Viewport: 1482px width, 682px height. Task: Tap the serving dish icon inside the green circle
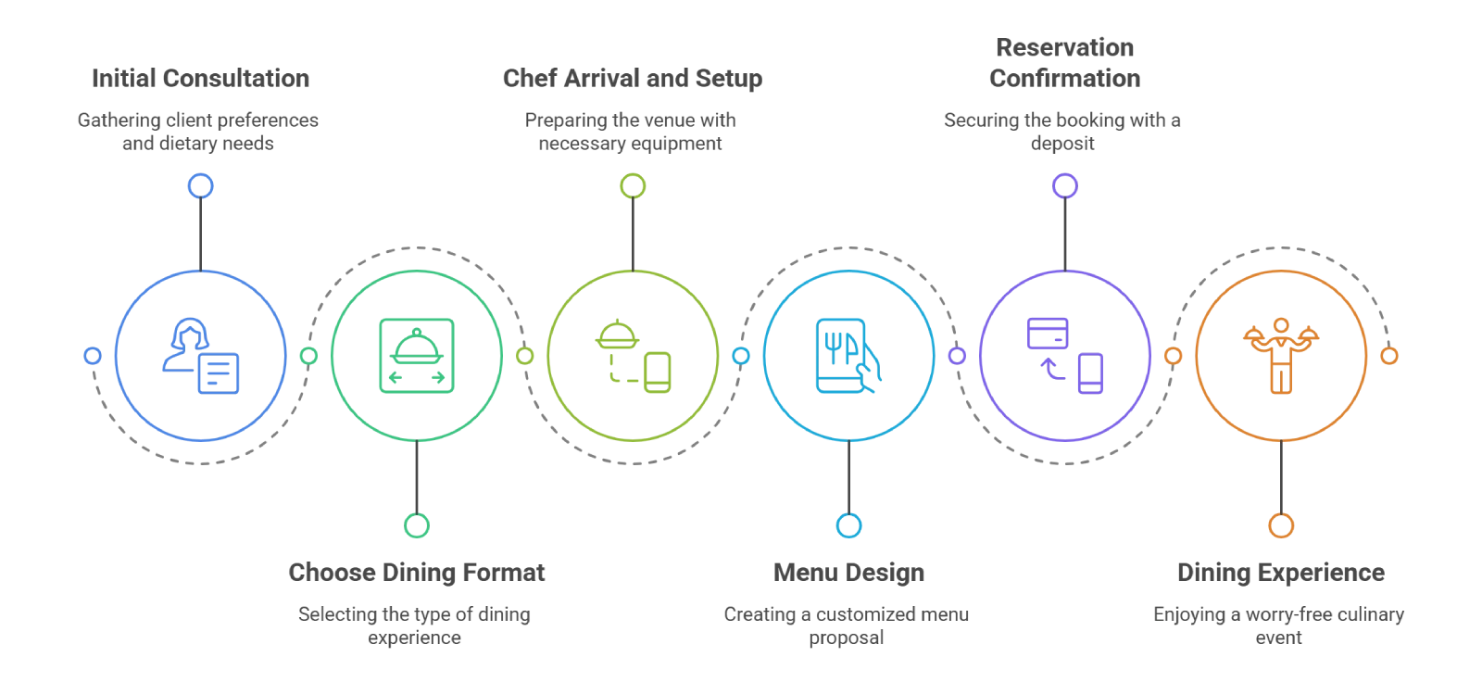[x=419, y=357]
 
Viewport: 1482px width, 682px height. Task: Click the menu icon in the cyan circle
[x=848, y=357]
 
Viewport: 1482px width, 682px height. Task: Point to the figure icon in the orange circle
[x=1281, y=357]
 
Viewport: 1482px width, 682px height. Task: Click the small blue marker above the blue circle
[x=201, y=187]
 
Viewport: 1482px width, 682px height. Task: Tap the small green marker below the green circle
[x=416, y=525]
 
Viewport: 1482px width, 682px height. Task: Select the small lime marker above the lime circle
[x=633, y=186]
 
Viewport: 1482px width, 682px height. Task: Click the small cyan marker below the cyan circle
[x=848, y=525]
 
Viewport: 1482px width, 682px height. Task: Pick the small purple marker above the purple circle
[x=1065, y=186]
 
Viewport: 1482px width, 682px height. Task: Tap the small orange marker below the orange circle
[x=1281, y=525]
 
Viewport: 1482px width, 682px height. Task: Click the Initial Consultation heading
[x=199, y=78]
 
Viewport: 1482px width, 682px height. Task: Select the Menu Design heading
[x=848, y=572]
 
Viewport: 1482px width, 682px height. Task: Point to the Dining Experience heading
[x=1281, y=572]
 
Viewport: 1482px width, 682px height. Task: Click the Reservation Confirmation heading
[x=1062, y=62]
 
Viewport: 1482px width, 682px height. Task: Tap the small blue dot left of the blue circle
[x=92, y=356]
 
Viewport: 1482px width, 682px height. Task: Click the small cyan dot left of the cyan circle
[x=741, y=356]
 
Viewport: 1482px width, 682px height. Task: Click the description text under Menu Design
[x=845, y=625]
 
